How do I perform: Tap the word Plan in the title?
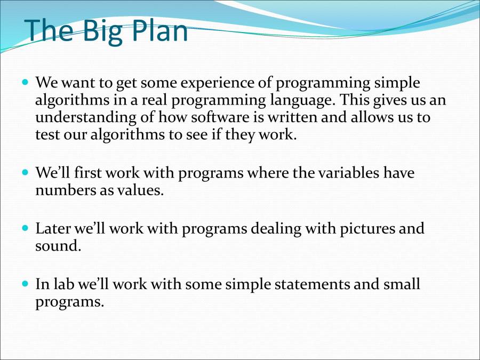point(159,31)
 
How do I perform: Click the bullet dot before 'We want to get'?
point(26,83)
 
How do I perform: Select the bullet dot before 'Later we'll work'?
point(26,228)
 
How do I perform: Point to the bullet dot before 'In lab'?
point(26,284)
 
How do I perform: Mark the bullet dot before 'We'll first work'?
point(26,173)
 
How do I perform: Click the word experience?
point(222,83)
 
